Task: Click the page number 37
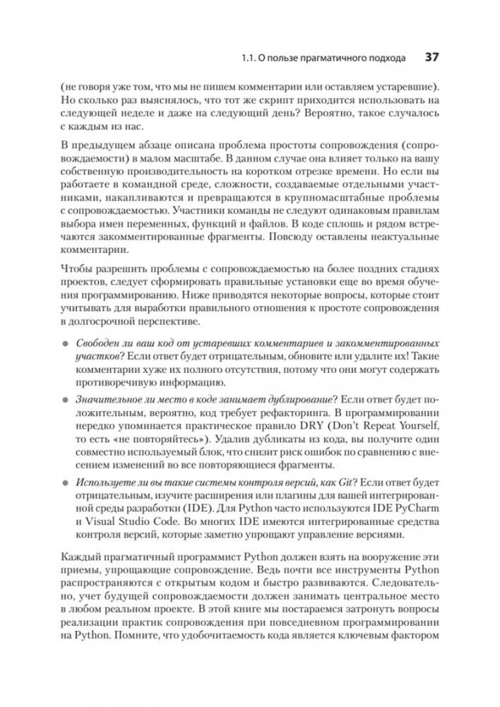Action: pos(431,56)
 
